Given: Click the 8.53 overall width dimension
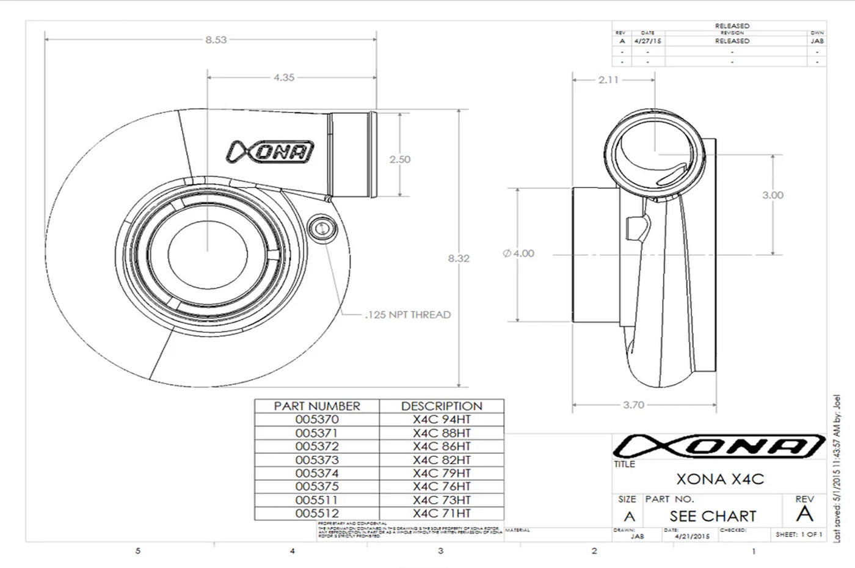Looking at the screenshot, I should pos(216,40).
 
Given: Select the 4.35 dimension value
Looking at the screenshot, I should pos(284,78).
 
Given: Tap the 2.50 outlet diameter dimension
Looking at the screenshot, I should pos(400,159).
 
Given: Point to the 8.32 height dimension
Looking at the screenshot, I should pos(459,258).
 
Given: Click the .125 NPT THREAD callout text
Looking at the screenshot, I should pos(407,315).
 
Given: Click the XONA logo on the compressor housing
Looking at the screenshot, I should pos(271,151).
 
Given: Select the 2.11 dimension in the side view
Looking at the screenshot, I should pos(608,79).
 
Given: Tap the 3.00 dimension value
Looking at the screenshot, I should pos(773,195).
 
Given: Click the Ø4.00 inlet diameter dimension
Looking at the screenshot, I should pos(518,253).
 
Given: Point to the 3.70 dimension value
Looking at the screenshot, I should pos(633,404).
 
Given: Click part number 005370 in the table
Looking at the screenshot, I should pos(316,420).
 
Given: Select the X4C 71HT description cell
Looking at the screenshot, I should pos(442,514).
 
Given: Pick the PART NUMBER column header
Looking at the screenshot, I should pos(317,406).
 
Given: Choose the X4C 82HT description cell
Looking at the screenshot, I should pos(442,460).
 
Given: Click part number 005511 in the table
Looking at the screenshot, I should pos(316,500).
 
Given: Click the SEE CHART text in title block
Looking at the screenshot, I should pos(713,516).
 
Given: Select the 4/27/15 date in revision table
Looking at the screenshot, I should pos(648,41).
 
